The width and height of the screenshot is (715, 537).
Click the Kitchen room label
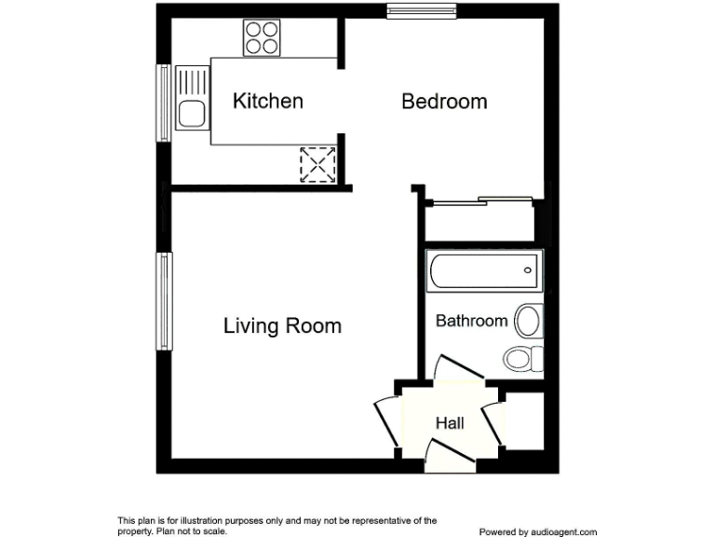pyautogui.click(x=267, y=101)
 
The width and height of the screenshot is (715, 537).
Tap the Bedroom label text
pyautogui.click(x=444, y=102)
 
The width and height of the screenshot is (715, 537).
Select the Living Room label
pyautogui.click(x=282, y=326)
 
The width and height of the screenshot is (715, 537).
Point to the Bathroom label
pyautogui.click(x=472, y=321)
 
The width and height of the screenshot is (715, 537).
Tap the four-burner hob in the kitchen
pyautogui.click(x=262, y=38)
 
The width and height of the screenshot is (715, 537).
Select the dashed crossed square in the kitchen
pyautogui.click(x=317, y=165)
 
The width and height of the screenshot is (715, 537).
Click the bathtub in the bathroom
pyautogui.click(x=483, y=270)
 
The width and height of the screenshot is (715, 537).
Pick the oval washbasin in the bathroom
pyautogui.click(x=529, y=321)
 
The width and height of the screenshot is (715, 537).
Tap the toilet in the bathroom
pyautogui.click(x=521, y=357)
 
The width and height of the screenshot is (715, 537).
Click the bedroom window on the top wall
pyautogui.click(x=414, y=12)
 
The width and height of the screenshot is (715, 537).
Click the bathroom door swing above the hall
pyautogui.click(x=460, y=368)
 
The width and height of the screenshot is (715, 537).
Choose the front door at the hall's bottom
pyautogui.click(x=449, y=452)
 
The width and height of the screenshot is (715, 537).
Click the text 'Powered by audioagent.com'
pyautogui.click(x=537, y=531)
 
